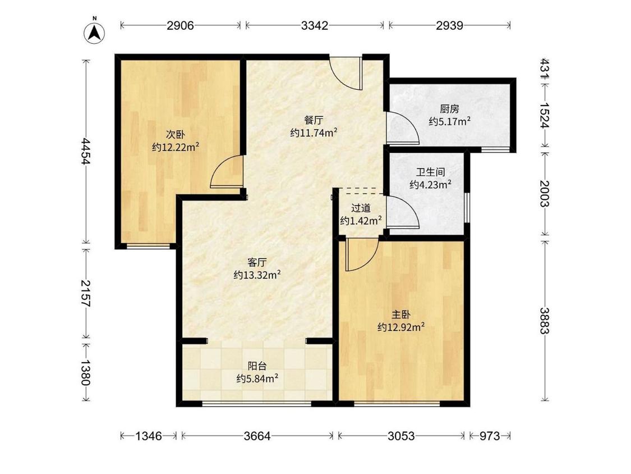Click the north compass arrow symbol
(95, 32)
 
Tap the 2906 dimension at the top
(181, 25)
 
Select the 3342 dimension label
(315, 25)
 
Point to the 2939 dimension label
(449, 25)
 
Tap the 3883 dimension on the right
(545, 321)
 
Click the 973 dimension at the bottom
(489, 436)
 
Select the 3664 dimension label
(257, 436)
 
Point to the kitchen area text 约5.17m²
(449, 121)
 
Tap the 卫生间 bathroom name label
(431, 172)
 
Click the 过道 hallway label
(361, 208)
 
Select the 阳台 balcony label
(257, 366)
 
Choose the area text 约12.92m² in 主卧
(401, 327)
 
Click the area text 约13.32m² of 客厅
(257, 275)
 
